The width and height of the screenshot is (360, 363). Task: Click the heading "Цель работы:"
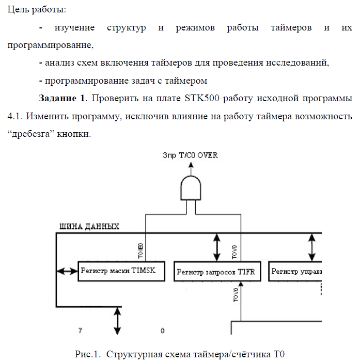[x=37, y=10]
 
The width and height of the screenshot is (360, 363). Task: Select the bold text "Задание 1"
[x=61, y=99]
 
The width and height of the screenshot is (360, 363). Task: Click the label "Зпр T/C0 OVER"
[x=190, y=155]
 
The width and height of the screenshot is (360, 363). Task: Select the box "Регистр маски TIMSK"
[x=120, y=271]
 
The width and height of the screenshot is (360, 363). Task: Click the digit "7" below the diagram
[x=80, y=330]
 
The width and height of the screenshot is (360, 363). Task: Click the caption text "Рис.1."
[x=86, y=355]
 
